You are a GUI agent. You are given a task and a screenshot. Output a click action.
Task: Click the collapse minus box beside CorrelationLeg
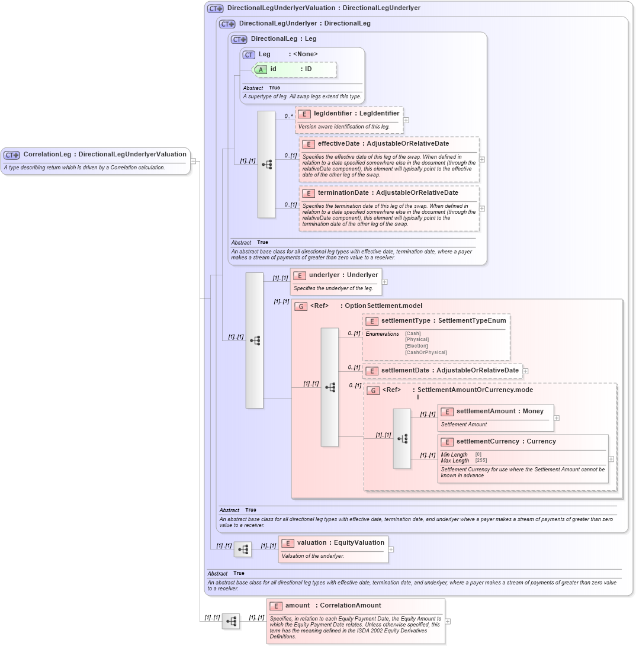192,160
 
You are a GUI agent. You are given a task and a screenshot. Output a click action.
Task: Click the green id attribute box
294,69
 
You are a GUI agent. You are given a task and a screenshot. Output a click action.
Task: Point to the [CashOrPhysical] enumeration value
426,352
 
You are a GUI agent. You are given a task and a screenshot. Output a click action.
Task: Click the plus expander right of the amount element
448,621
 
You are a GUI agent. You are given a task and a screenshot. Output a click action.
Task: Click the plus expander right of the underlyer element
384,282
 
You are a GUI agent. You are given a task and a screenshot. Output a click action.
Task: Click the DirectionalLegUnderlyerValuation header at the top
323,8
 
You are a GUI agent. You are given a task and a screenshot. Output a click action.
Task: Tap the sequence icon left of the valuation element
242,550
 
